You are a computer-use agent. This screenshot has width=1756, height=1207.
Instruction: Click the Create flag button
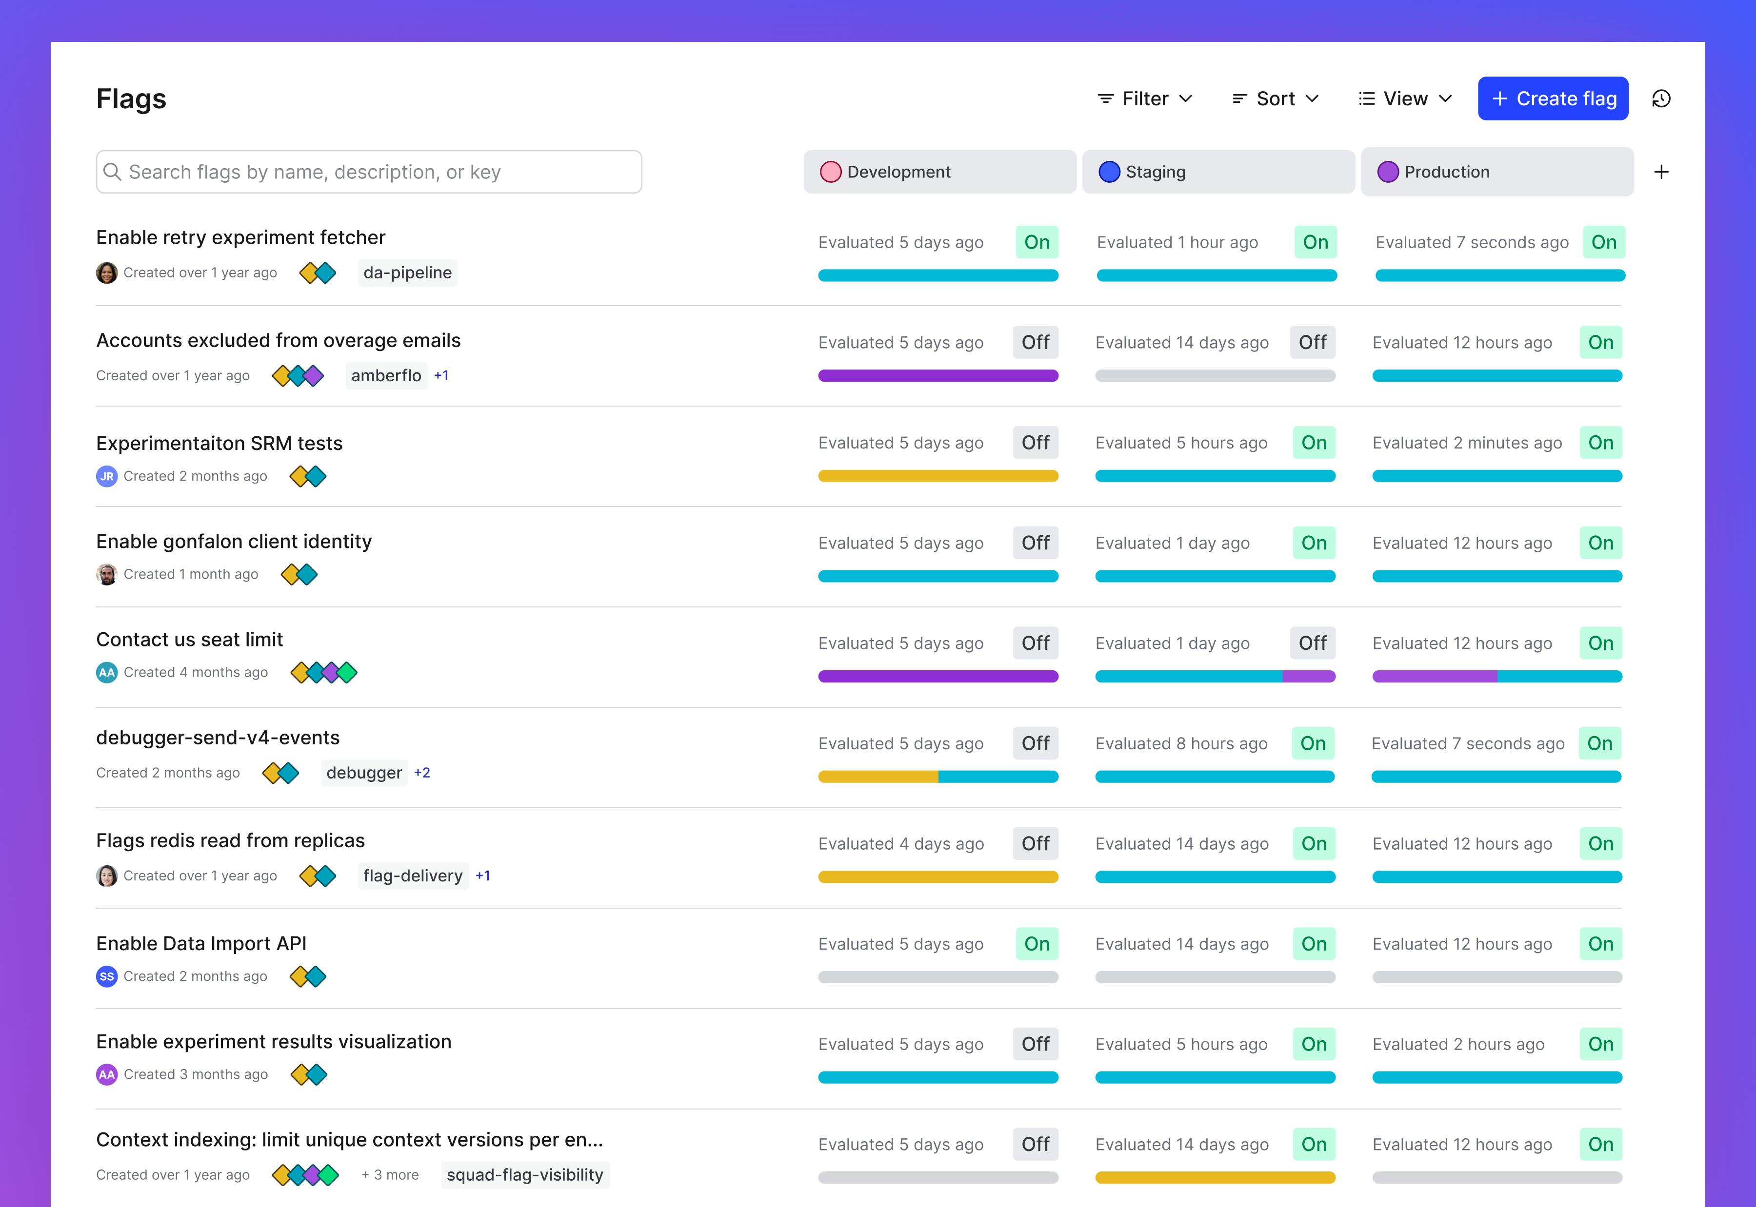coord(1553,98)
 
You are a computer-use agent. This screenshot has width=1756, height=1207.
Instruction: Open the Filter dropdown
coord(1145,98)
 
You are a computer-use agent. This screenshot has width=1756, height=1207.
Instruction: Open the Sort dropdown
coord(1276,98)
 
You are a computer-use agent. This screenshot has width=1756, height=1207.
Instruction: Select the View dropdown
coord(1405,98)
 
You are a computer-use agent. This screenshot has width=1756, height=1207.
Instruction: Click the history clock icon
coord(1661,98)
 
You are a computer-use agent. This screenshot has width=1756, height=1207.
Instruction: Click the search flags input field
coord(369,172)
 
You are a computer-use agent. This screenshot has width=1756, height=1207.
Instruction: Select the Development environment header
coord(939,172)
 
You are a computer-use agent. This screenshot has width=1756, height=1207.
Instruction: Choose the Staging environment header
coord(1217,172)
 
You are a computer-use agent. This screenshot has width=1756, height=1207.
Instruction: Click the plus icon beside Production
coord(1661,172)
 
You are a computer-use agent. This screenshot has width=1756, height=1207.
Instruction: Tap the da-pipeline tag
coord(407,272)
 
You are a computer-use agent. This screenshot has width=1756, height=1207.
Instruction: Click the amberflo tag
coord(386,375)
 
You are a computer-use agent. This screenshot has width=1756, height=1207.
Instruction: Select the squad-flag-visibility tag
coord(524,1174)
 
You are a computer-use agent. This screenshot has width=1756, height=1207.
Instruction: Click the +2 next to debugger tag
coord(422,772)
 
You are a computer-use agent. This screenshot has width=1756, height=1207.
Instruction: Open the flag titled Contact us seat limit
coord(189,639)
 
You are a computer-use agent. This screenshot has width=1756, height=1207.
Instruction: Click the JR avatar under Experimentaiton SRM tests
coord(107,476)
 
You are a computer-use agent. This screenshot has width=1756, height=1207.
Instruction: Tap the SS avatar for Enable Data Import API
coord(107,976)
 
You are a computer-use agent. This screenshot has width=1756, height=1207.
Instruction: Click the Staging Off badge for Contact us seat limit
coord(1312,643)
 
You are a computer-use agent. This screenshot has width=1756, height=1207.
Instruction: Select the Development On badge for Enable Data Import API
coord(1037,944)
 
